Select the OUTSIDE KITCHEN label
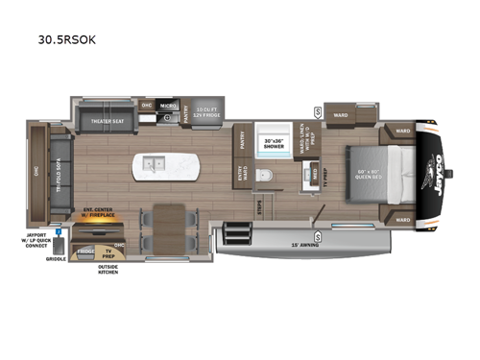pyautogui.click(x=108, y=270)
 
